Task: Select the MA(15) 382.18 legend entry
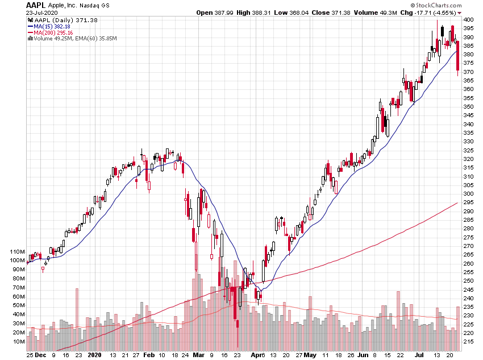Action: pyautogui.click(x=54, y=26)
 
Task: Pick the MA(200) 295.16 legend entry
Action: pyautogui.click(x=56, y=32)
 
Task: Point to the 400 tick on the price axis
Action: pyautogui.click(x=468, y=20)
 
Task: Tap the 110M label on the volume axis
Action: pyautogui.click(x=17, y=251)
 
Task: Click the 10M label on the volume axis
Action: pyautogui.click(x=19, y=341)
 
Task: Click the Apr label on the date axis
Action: pyautogui.click(x=259, y=354)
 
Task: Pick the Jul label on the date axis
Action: pyautogui.click(x=419, y=354)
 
